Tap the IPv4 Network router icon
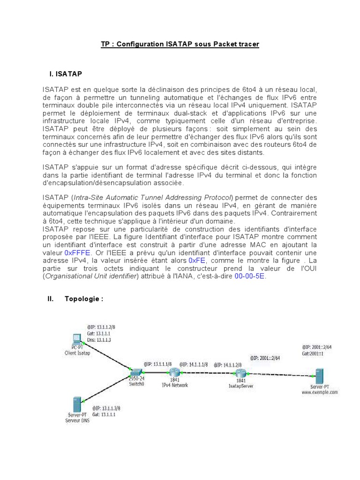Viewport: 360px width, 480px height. [174, 373]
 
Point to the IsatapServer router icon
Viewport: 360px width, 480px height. [240, 374]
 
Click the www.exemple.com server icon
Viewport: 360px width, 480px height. [320, 376]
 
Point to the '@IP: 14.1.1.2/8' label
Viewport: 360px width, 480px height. [230, 365]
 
